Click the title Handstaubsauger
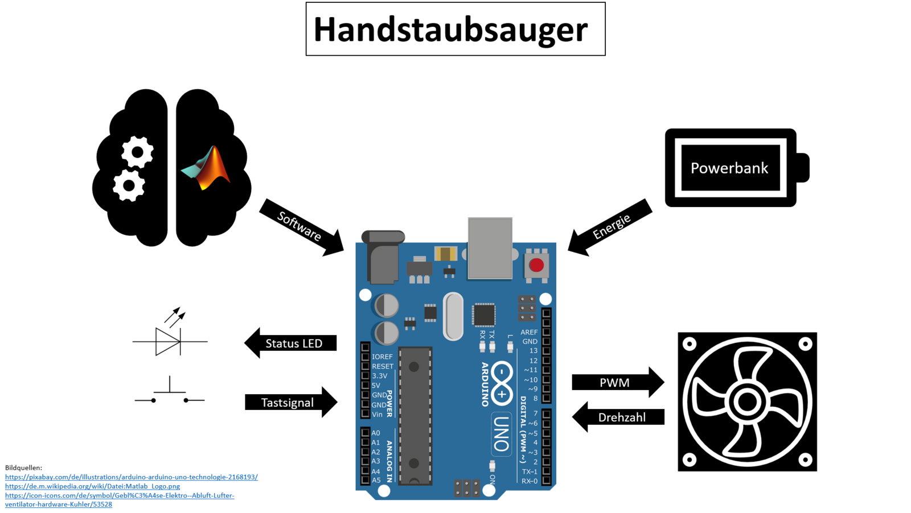[x=450, y=30]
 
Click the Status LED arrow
[x=292, y=343]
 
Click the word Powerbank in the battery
[x=729, y=168]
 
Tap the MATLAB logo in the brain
[x=208, y=168]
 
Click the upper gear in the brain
[x=137, y=152]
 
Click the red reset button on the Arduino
[x=536, y=265]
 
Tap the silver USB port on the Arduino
[x=490, y=248]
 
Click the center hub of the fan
[x=747, y=402]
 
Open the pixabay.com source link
[x=131, y=477]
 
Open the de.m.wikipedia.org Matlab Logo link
[x=92, y=486]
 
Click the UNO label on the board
[x=501, y=433]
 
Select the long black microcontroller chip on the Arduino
[x=415, y=415]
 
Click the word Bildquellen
[x=23, y=468]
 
